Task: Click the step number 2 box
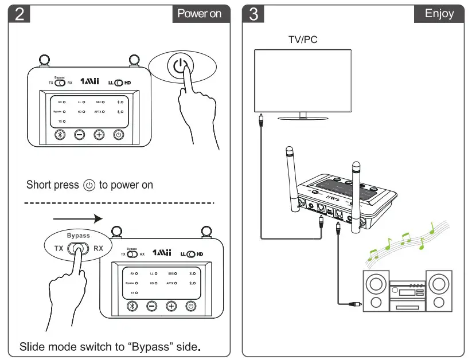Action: click(x=19, y=14)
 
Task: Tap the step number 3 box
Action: click(x=254, y=14)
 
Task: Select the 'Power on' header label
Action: click(x=199, y=14)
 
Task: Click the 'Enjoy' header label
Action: click(x=439, y=14)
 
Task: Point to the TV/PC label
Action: click(x=303, y=40)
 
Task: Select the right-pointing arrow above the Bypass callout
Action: click(x=77, y=218)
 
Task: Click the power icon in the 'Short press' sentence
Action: click(x=89, y=185)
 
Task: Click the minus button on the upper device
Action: click(x=80, y=135)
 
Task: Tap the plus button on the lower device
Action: click(x=171, y=306)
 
